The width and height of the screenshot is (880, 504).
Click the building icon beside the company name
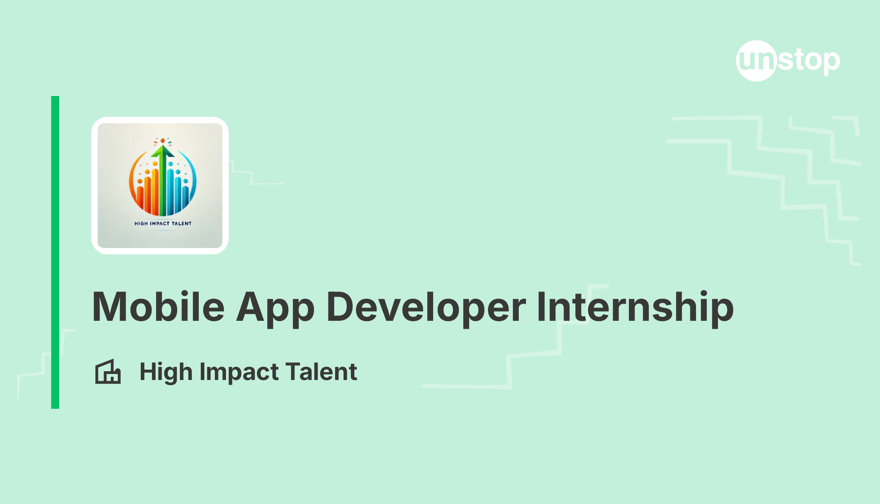108,372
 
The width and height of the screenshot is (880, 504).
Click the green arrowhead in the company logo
162,151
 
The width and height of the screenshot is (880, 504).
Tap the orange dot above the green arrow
162,141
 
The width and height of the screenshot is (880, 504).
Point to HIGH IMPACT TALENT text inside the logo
163,224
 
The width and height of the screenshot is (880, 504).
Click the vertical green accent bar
55,252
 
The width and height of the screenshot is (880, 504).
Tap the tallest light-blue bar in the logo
170,192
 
